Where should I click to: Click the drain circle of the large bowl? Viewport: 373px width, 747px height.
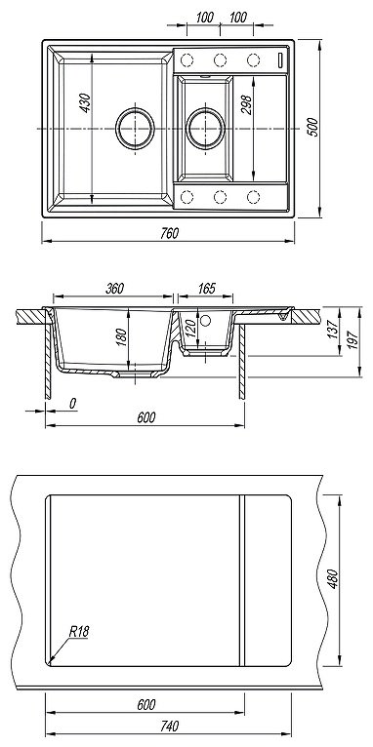click(135, 128)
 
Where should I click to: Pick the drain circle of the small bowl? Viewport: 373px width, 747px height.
click(205, 128)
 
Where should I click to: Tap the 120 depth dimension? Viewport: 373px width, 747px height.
click(191, 331)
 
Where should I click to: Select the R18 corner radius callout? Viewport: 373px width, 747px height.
click(78, 633)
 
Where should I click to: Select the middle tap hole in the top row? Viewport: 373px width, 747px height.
click(220, 59)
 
